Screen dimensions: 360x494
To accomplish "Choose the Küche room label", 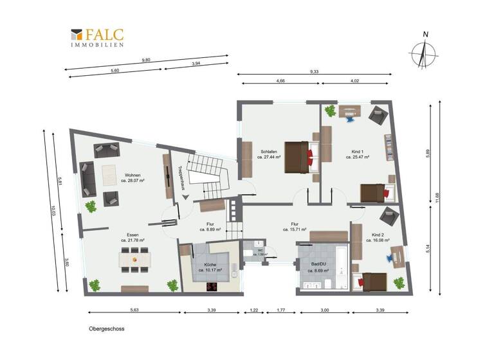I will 210,267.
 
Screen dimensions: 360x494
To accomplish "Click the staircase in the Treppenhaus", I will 205,175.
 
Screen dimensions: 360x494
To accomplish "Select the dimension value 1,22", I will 254,310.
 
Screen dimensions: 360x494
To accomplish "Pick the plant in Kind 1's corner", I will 331,111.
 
